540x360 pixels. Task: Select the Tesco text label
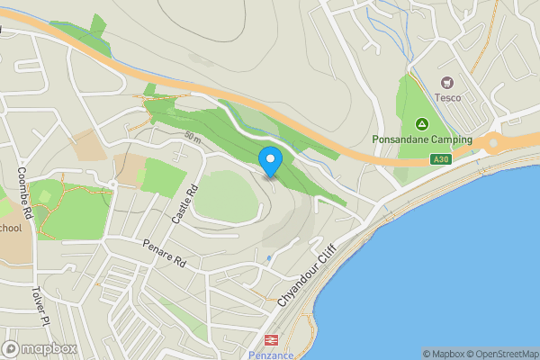447,97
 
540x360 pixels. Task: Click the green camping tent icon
420,124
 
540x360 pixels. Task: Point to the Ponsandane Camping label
421,140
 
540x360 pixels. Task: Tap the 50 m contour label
192,137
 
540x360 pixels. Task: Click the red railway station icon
268,339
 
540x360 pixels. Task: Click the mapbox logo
40,348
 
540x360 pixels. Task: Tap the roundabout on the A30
492,144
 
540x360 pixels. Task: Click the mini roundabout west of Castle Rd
112,184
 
